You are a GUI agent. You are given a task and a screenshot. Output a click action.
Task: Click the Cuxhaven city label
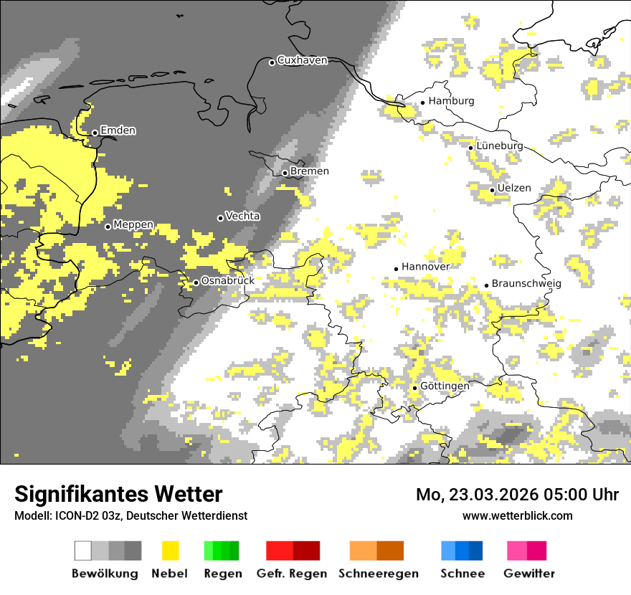[302, 60]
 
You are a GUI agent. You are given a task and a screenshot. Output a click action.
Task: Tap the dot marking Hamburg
[422, 102]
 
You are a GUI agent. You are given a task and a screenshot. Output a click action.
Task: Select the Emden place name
[118, 130]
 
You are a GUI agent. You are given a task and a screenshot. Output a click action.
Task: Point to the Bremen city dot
[285, 173]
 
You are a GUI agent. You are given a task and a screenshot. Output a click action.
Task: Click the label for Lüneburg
[499, 146]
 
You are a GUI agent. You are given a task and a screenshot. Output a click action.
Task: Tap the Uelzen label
[514, 188]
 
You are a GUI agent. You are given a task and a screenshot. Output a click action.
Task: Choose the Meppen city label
[133, 224]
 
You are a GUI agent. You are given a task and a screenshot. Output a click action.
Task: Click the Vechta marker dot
[220, 218]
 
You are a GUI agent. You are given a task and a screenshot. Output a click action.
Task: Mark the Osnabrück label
[227, 281]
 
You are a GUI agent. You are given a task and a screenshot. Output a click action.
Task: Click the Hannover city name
[425, 267]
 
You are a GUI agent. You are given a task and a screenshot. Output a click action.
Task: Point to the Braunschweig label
[526, 283]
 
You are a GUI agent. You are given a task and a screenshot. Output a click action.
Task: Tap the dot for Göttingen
[414, 388]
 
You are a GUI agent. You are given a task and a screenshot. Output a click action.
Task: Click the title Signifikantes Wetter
[118, 494]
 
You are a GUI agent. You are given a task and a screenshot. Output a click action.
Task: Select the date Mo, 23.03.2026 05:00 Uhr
[517, 495]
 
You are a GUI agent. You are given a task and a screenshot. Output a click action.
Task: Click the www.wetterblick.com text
[517, 515]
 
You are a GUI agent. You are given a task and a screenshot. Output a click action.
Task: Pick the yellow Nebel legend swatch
[171, 551]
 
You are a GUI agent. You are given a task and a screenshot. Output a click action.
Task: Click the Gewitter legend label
[528, 573]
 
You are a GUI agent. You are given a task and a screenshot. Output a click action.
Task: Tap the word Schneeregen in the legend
[378, 573]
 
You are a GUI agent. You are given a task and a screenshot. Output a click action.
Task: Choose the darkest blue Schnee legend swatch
[476, 551]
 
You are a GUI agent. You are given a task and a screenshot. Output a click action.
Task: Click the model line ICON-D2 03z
[131, 515]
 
